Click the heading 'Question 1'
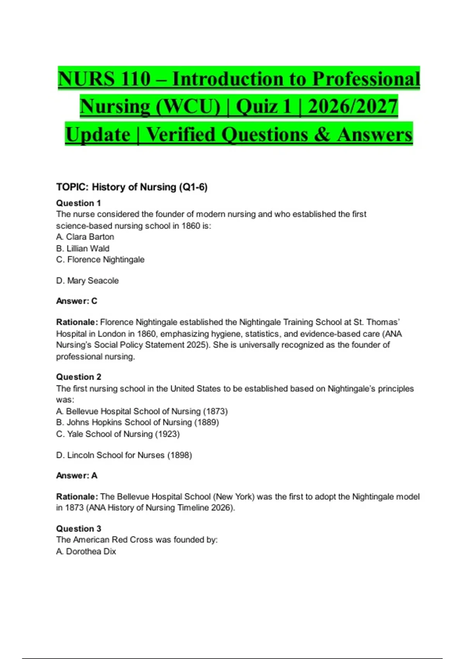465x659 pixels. pos(78,203)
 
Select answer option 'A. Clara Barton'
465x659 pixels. pos(85,237)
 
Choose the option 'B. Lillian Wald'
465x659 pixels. pos(83,248)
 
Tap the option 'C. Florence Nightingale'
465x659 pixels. pos(100,260)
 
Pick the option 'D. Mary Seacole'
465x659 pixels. pos(87,281)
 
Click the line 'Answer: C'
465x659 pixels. pos(76,301)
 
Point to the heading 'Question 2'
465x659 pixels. pos(79,377)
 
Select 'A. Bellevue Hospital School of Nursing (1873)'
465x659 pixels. pos(142,411)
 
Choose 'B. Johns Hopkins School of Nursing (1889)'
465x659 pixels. pos(138,423)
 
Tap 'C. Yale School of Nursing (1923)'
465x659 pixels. pos(118,434)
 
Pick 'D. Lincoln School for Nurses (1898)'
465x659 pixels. pos(124,455)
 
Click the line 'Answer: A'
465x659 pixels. pos(76,476)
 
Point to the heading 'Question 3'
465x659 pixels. pos(79,529)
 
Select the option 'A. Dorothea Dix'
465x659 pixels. pos(86,551)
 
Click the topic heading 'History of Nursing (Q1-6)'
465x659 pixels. pos(150,187)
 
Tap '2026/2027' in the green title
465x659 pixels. pos(353,107)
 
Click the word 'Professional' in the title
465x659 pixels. pos(366,79)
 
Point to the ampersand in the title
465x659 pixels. pos(322,135)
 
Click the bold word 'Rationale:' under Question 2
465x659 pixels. pos(77,497)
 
